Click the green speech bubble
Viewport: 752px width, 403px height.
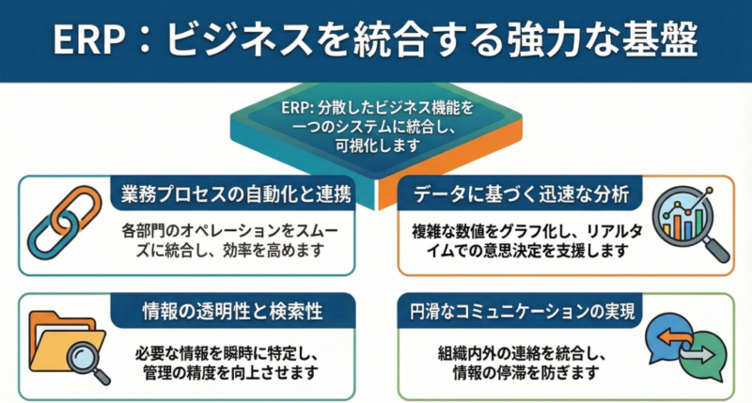[700, 356]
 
